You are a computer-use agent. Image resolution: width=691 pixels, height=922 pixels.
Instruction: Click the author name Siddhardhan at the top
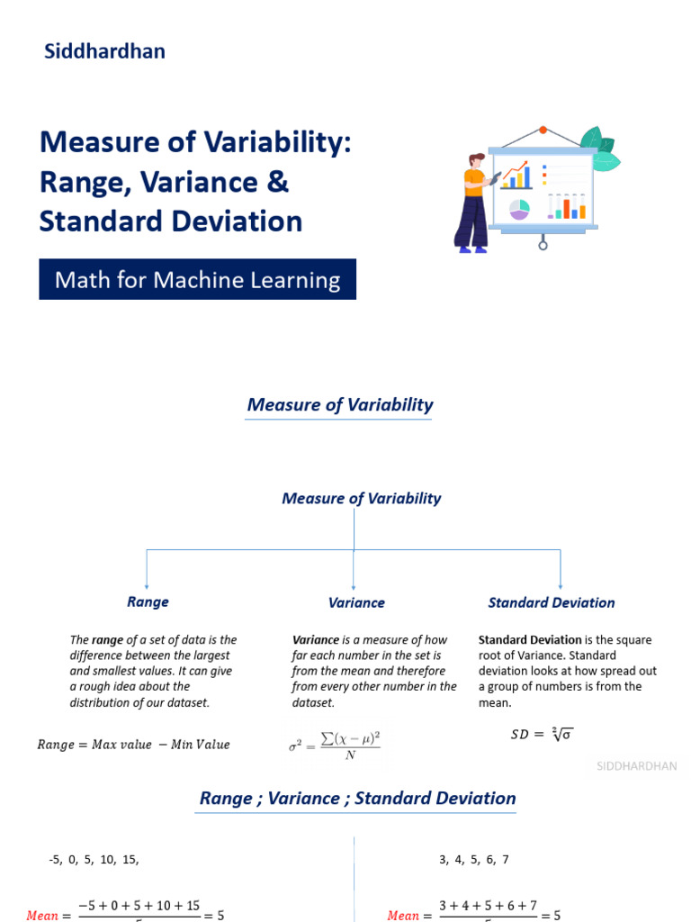tap(104, 51)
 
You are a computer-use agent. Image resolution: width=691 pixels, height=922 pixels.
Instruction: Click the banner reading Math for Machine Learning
tap(198, 280)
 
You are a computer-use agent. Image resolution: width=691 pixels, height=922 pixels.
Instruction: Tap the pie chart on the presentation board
tap(519, 209)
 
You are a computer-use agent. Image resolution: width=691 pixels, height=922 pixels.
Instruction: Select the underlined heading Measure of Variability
tap(339, 405)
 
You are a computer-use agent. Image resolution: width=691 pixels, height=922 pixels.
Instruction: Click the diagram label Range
tap(148, 601)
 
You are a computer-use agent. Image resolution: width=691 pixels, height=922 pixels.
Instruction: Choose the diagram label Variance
tap(356, 603)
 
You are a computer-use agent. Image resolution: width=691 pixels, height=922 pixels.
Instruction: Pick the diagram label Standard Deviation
tap(552, 602)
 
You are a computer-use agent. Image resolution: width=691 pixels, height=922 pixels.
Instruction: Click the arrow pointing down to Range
tap(147, 581)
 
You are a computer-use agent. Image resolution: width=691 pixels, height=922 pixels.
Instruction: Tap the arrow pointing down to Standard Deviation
tap(561, 581)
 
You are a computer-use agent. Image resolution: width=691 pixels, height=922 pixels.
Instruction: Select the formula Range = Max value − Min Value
tap(133, 745)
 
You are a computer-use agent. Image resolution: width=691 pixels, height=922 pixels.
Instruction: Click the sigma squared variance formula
tap(335, 745)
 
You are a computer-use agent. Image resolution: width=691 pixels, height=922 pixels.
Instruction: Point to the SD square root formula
tap(542, 734)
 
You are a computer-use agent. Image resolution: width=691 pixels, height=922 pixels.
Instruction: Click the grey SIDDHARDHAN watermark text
tap(637, 766)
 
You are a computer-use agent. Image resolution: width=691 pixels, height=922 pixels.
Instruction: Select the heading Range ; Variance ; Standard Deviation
tap(357, 799)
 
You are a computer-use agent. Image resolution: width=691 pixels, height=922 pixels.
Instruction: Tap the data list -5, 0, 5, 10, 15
tap(94, 860)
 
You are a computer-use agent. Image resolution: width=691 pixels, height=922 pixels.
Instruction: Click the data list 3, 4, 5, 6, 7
tap(474, 860)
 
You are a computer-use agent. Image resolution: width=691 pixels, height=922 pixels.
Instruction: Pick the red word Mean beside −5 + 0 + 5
tap(42, 915)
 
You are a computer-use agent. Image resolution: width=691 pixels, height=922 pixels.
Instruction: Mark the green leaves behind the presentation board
tap(599, 149)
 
